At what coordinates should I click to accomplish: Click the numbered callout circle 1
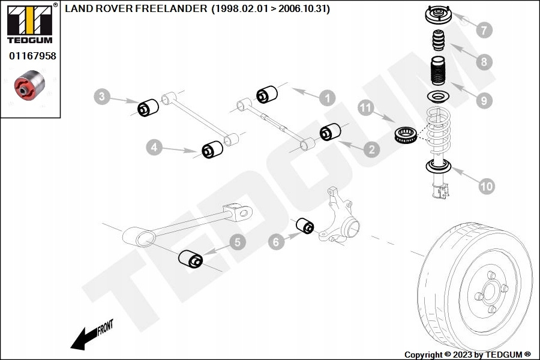tap(327, 98)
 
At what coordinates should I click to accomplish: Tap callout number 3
tap(101, 96)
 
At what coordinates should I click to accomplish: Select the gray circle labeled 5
tap(238, 242)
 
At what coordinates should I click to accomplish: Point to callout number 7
tap(484, 30)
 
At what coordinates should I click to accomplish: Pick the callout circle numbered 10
tap(487, 187)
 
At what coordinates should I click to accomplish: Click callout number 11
tap(366, 108)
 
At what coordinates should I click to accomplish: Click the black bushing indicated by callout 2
tap(330, 132)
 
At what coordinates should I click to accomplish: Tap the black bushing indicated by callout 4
tap(212, 149)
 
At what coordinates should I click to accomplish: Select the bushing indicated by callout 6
tap(305, 226)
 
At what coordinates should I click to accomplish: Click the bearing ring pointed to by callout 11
tap(406, 134)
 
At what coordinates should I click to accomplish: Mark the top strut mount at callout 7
tap(438, 15)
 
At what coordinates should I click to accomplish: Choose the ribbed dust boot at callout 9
tap(438, 71)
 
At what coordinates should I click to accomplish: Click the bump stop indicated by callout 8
tap(439, 41)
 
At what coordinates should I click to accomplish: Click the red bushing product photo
tap(29, 85)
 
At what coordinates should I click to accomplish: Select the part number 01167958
tap(32, 56)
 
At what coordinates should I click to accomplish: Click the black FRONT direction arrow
tap(85, 340)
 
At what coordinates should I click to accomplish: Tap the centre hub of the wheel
tap(489, 292)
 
